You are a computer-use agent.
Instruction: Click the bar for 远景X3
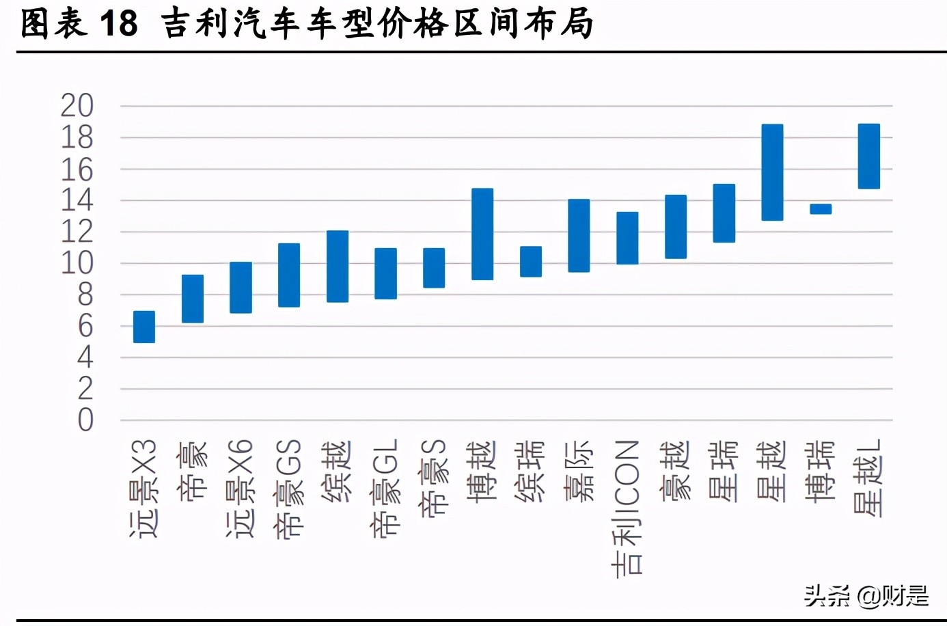144,327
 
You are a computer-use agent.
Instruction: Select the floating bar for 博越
482,234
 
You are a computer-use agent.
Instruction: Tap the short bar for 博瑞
821,209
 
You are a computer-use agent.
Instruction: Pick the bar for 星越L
868,156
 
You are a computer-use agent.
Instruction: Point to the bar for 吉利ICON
627,239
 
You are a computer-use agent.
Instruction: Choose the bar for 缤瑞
531,262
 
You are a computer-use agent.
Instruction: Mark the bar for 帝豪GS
289,275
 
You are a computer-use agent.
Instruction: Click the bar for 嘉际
579,236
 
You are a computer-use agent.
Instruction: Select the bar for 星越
772,172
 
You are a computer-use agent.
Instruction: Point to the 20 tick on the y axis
77,106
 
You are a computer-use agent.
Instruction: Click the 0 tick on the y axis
85,420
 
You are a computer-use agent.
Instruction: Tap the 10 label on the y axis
77,263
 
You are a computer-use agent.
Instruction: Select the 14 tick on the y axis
77,200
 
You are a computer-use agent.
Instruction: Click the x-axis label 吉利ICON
627,508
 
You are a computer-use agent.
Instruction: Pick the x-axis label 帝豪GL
385,487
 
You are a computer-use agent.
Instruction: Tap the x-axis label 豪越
676,472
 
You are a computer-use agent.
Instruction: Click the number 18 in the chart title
119,24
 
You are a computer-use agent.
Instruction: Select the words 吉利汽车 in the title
230,24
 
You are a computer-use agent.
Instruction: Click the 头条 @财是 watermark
866,596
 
